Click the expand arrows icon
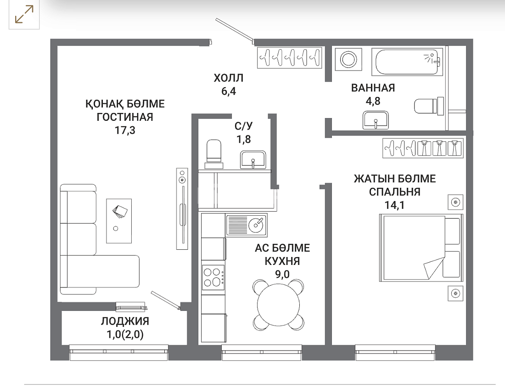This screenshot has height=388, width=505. pyautogui.click(x=24, y=15)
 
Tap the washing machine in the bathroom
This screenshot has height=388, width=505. pyautogui.click(x=348, y=59)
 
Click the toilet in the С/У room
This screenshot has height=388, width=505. pyautogui.click(x=213, y=154)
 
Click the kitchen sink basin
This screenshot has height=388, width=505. pyautogui.click(x=257, y=225)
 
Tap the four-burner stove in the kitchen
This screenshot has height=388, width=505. pyautogui.click(x=213, y=277)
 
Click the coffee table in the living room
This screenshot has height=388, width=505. pyautogui.click(x=119, y=221)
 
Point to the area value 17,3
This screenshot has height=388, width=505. pyautogui.click(x=125, y=130)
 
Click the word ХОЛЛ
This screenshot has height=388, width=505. pyautogui.click(x=228, y=78)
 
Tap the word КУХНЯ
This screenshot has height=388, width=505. pyautogui.click(x=282, y=261)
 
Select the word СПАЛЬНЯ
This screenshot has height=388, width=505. pyautogui.click(x=394, y=192)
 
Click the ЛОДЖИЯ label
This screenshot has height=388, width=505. pyautogui.click(x=125, y=321)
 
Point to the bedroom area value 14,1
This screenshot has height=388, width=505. pyautogui.click(x=394, y=205)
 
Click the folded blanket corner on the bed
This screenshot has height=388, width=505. pyautogui.click(x=433, y=266)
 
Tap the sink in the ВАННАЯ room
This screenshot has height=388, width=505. pyautogui.click(x=376, y=120)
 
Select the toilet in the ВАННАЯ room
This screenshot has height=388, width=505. pyautogui.click(x=429, y=106)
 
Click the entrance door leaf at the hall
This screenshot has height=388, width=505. pyautogui.click(x=235, y=30)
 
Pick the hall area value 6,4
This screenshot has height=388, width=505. pyautogui.click(x=228, y=91)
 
